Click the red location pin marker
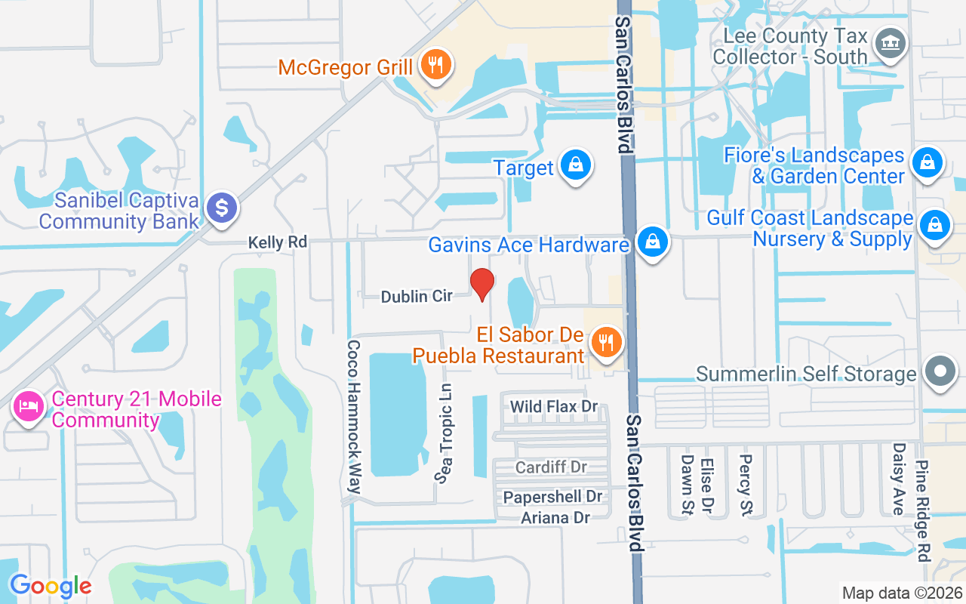click(x=482, y=283)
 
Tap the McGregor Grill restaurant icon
click(x=435, y=66)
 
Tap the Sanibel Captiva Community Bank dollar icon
click(x=220, y=208)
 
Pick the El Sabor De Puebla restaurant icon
click(x=605, y=343)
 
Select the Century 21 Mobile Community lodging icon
click(x=28, y=408)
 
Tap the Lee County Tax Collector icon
click(x=890, y=44)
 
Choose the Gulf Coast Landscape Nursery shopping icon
click(x=934, y=226)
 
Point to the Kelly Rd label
click(x=278, y=242)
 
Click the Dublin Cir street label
click(x=417, y=297)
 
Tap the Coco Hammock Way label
click(x=353, y=416)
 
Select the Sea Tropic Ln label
click(x=446, y=433)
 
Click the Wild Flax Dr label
click(x=554, y=406)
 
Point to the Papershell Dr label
click(x=553, y=497)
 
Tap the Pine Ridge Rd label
click(x=922, y=511)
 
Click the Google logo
click(x=51, y=585)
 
